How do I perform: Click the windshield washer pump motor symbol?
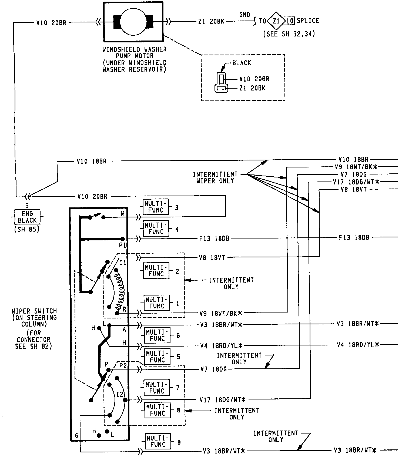(133, 22)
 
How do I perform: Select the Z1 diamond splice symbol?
(276, 21)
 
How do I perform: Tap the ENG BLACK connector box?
(27, 217)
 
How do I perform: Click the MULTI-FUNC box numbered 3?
(156, 207)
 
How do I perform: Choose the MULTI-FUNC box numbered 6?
(157, 335)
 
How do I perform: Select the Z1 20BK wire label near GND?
(211, 22)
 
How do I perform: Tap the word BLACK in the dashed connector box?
(242, 63)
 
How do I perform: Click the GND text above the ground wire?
(244, 15)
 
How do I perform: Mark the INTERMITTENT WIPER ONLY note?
(215, 177)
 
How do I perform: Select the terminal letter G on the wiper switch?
(77, 436)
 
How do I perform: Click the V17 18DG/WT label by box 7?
(223, 399)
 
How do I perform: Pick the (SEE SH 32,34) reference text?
(289, 34)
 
